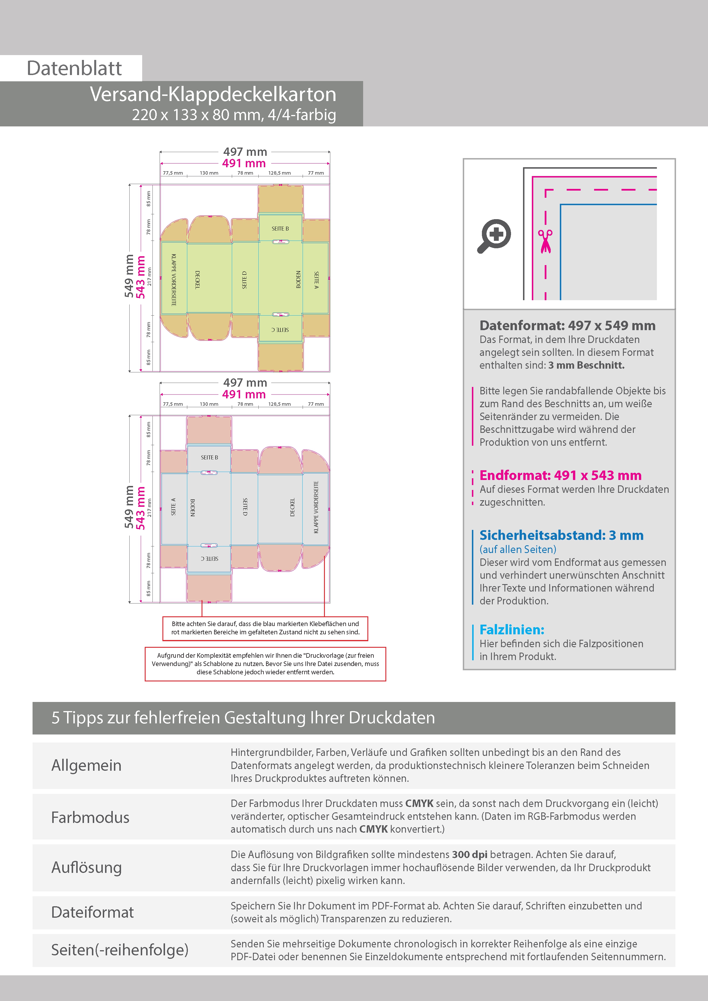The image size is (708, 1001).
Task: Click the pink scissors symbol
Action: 545,241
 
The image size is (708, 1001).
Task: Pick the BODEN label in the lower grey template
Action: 193,507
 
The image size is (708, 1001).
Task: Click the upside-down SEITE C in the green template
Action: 280,330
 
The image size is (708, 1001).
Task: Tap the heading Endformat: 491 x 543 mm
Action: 561,475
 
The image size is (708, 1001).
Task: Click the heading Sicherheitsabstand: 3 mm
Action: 562,535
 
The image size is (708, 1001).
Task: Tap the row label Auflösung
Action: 87,867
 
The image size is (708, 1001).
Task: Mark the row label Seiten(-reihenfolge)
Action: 120,950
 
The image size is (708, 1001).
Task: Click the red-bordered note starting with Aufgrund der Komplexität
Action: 265,664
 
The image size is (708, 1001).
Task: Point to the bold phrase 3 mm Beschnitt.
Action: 586,365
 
